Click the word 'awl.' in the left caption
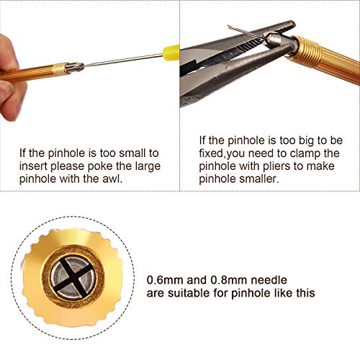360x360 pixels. coord(112,179)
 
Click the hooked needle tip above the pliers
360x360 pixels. coord(228,27)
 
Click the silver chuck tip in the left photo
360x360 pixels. coord(75,67)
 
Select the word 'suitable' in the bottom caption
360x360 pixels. coord(189,293)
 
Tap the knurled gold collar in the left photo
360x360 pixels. coord(60,68)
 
